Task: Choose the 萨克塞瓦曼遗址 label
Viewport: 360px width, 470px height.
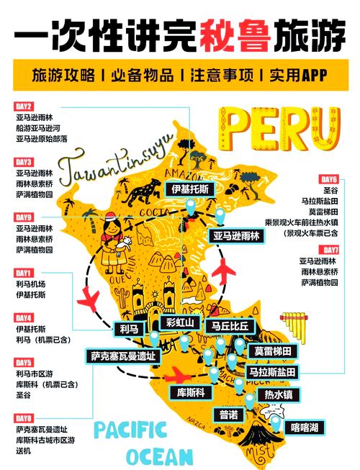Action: [122, 356]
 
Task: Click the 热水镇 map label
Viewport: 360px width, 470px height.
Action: [278, 394]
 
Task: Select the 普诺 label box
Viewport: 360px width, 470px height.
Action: [229, 415]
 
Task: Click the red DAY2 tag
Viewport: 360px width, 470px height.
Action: [24, 106]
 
